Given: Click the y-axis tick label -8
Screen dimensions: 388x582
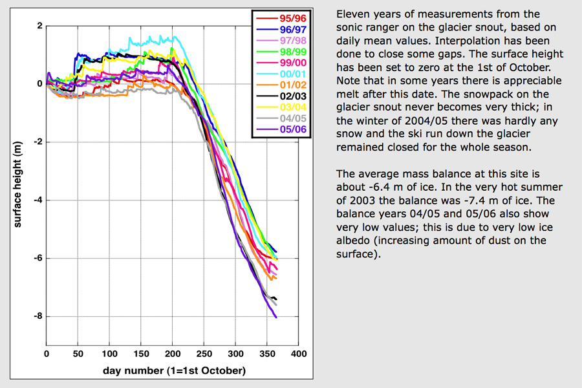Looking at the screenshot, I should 38,316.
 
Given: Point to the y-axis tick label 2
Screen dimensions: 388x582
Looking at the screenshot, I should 39,26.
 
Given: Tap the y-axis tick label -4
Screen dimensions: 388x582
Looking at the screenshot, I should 38,200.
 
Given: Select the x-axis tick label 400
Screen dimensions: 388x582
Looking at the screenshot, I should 299,354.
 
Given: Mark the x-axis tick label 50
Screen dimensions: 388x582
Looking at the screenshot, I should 78,354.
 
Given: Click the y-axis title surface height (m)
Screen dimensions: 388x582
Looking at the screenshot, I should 18,185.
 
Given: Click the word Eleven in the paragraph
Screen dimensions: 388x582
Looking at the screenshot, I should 353,14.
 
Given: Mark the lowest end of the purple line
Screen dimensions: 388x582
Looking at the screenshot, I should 276,318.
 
